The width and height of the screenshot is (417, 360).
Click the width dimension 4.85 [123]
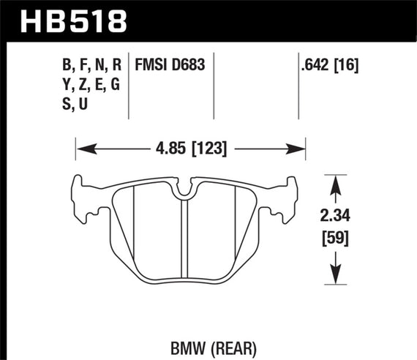tap(190, 149)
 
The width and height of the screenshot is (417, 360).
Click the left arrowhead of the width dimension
tap(81, 149)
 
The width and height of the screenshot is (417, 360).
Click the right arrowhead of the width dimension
tap(300, 149)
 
